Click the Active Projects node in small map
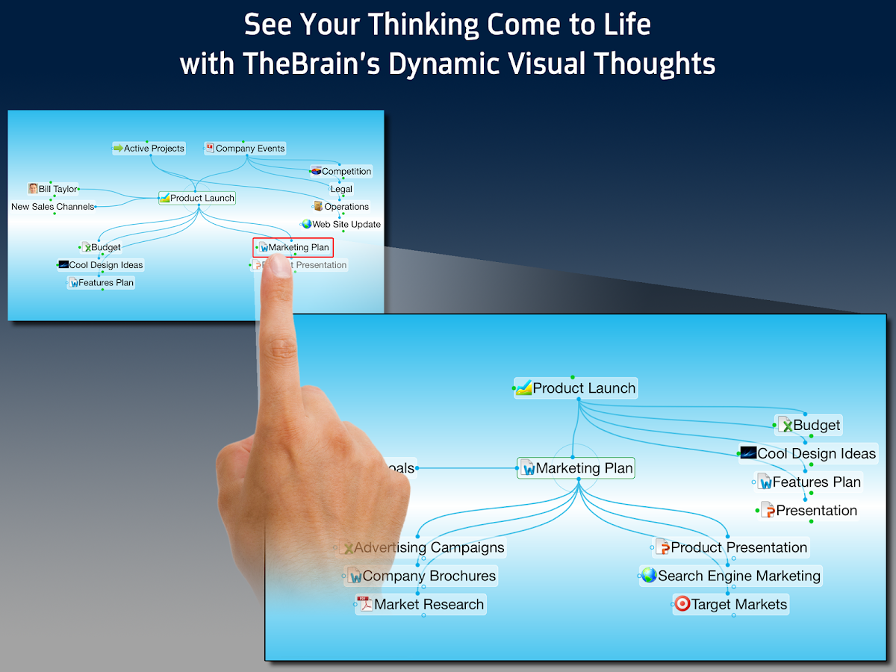[149, 149]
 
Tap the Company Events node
[246, 149]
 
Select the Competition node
[341, 172]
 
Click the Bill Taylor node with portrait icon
[53, 189]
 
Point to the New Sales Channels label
[53, 207]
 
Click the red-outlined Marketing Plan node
[293, 247]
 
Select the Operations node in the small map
[341, 207]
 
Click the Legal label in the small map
[341, 189]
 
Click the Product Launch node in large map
[576, 388]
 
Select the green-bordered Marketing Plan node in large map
[576, 469]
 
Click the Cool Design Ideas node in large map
[807, 454]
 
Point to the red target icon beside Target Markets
[682, 604]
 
